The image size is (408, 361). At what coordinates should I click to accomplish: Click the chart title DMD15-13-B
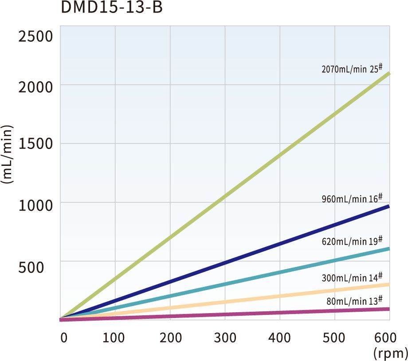pos(112,8)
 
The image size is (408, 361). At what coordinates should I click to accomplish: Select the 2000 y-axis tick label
pos(36,86)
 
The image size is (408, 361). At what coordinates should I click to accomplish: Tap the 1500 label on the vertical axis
pos(36,144)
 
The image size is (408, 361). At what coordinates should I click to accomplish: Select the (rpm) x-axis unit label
pos(390,353)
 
